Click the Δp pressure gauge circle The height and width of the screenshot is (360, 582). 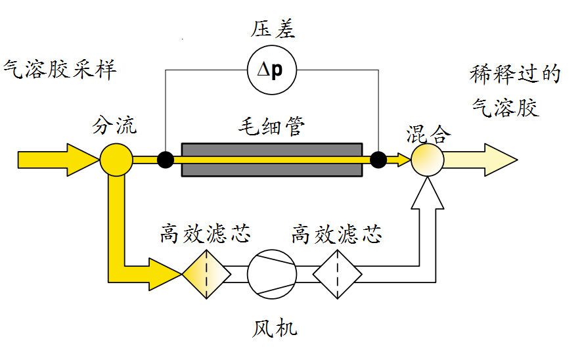pyautogui.click(x=272, y=69)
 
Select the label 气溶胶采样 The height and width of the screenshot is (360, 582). pyautogui.click(x=60, y=69)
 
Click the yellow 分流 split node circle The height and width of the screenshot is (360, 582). pyautogui.click(x=116, y=159)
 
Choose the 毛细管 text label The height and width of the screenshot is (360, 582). pyautogui.click(x=271, y=125)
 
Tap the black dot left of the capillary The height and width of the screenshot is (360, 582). pyautogui.click(x=166, y=159)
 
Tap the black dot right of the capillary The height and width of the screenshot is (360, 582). pyautogui.click(x=378, y=159)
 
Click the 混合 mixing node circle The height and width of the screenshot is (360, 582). pyautogui.click(x=428, y=160)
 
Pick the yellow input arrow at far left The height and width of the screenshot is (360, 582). pyautogui.click(x=56, y=159)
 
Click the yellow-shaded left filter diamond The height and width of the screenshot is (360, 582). pyautogui.click(x=206, y=273)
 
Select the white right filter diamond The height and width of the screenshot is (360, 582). pyautogui.click(x=338, y=273)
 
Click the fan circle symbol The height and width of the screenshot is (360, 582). pyautogui.click(x=272, y=273)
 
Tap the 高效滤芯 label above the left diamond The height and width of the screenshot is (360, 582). pyautogui.click(x=205, y=235)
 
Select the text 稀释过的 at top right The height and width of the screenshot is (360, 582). pyautogui.click(x=516, y=74)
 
